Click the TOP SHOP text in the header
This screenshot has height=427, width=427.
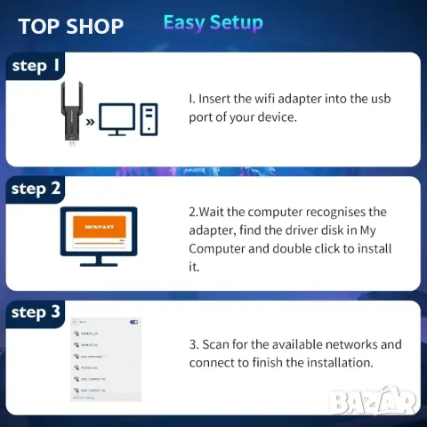[71, 26]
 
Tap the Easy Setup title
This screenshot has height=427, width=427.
[213, 23]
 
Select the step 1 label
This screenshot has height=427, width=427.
[36, 65]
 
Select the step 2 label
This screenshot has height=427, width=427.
[36, 189]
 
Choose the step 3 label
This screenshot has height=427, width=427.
[36, 312]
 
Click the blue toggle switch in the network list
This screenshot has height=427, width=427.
[133, 322]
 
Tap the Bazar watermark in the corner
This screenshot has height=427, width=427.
[374, 402]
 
